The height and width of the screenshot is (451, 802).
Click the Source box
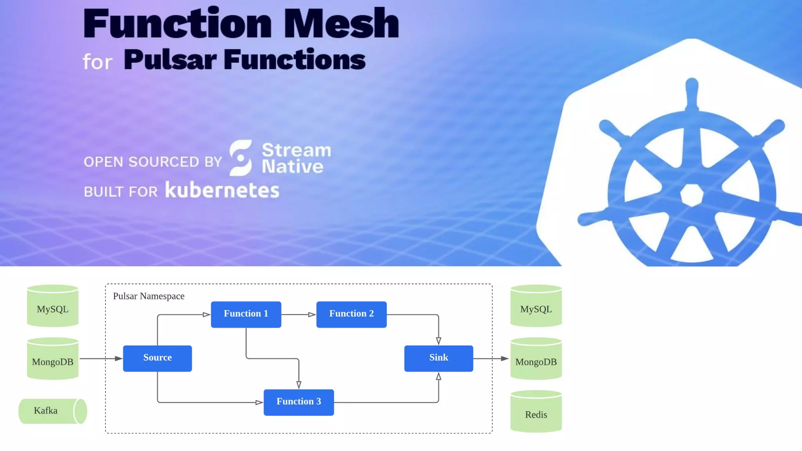pos(157,358)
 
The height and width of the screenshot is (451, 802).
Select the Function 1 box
pos(246,314)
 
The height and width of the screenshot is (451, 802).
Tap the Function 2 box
pos(351,314)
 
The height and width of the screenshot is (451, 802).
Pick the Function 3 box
pos(298,402)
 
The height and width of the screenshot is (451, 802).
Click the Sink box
pos(438,358)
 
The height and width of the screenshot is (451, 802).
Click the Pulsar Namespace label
pos(148,296)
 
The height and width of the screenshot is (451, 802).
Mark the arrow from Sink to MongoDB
pos(491,358)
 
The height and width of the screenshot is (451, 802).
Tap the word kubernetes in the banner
pos(222,190)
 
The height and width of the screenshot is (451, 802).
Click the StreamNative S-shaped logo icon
pos(240,158)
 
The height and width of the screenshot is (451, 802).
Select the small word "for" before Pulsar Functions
pos(98,62)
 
